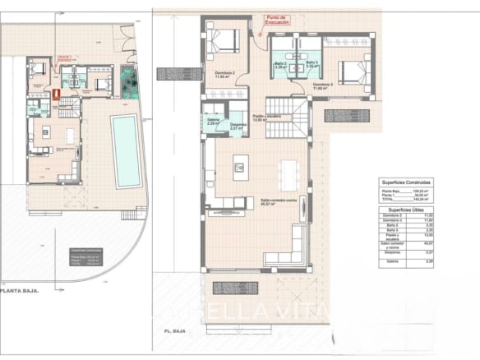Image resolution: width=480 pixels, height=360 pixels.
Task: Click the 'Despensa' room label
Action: pos(238,124)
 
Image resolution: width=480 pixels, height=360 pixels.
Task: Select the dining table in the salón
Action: pos(287,173)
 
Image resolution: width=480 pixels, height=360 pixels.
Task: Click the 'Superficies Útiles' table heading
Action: pos(407,211)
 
